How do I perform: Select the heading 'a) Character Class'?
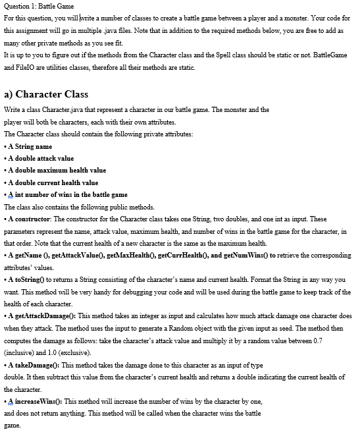[46, 94]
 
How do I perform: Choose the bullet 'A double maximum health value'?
[57, 171]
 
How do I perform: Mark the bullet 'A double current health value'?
[53, 182]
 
